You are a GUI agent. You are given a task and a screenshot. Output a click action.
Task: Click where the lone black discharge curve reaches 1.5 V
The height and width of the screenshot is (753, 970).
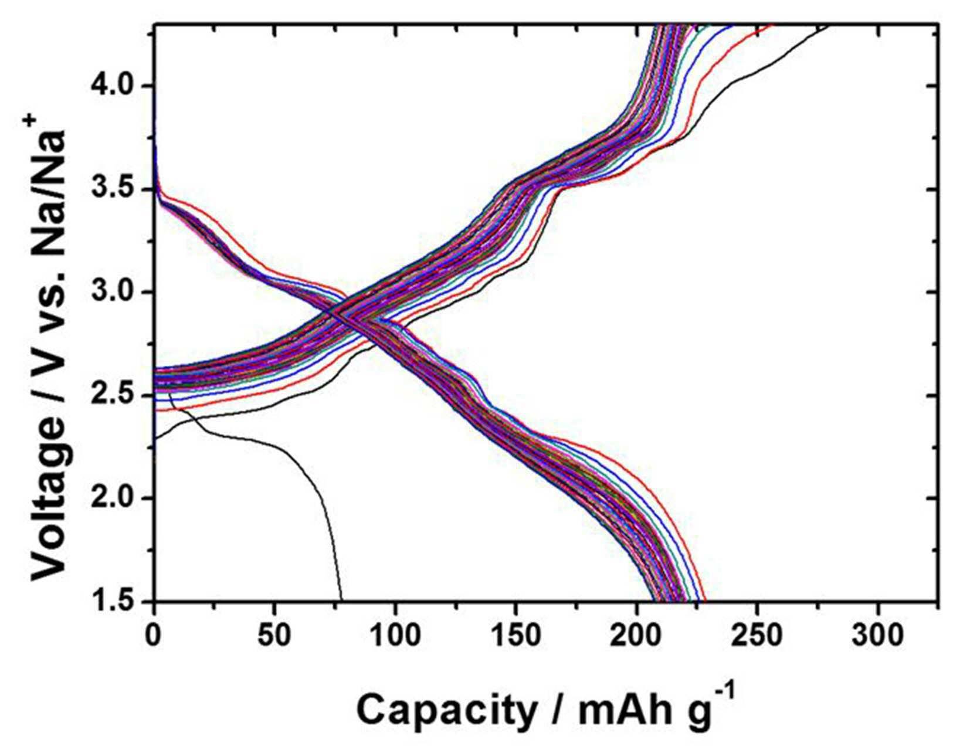click(x=341, y=601)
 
